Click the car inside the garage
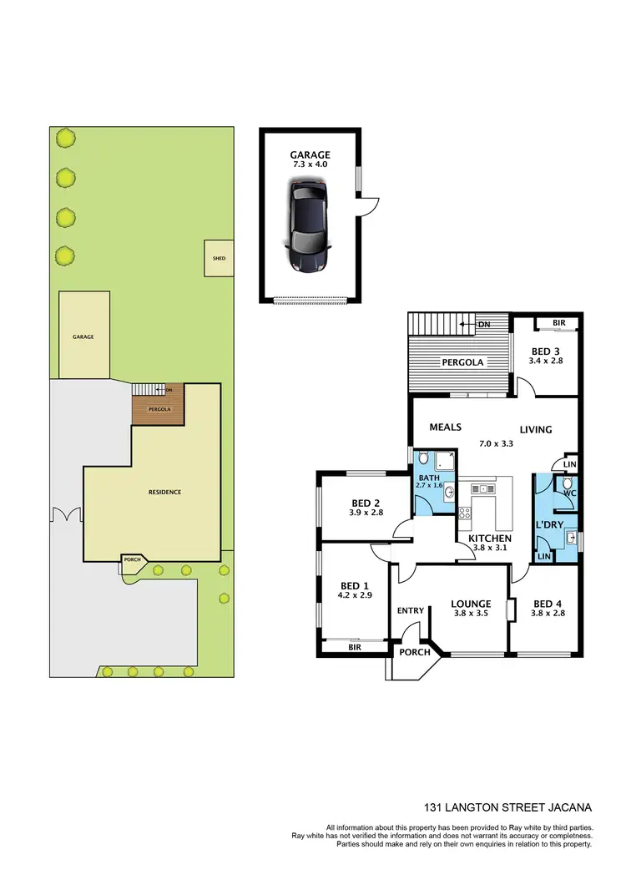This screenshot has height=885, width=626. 309,228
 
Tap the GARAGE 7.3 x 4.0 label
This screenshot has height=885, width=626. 310,159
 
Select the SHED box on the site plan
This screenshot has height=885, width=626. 219,258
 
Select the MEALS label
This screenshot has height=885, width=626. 446,427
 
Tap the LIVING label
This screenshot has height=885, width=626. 536,430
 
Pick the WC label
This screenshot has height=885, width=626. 570,493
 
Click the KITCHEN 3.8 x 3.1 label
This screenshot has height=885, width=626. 488,544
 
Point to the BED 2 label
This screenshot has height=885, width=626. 366,507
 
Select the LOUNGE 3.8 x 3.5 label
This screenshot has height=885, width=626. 471,608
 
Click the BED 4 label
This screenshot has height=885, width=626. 548,608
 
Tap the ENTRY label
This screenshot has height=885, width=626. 411,610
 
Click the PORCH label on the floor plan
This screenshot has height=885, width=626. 414,653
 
